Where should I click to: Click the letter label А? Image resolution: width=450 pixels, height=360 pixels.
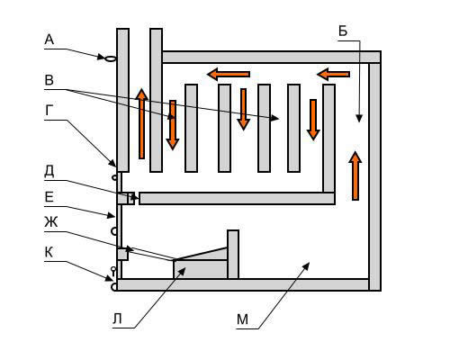[x=49, y=40]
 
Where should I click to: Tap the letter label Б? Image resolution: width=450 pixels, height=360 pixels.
[x=343, y=31]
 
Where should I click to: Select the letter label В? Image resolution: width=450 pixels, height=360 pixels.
[x=49, y=80]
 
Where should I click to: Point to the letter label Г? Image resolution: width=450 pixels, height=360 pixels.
[x=49, y=111]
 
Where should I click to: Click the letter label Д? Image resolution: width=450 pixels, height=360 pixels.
[x=49, y=171]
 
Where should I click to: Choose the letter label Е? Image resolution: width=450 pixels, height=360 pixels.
[x=49, y=197]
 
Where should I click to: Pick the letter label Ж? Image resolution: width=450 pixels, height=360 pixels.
[x=51, y=222]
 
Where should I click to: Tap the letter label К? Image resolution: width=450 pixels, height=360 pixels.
[x=49, y=252]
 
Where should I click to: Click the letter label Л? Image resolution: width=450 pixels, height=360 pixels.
[x=117, y=319]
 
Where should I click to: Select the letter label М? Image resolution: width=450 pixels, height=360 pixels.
[x=242, y=319]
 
